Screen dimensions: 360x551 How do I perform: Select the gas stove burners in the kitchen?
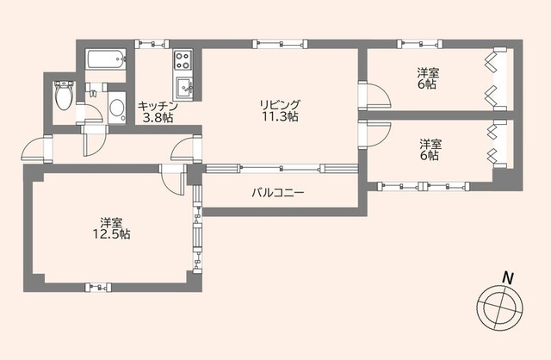(184, 60)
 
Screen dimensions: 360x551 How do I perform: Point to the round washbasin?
(117, 109)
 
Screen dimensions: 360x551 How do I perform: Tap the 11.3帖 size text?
(281, 117)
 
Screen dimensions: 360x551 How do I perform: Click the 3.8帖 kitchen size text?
(158, 119)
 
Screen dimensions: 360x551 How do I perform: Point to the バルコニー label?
(278, 192)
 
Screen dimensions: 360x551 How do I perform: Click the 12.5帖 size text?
(113, 233)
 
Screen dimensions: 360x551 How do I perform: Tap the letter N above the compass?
(509, 277)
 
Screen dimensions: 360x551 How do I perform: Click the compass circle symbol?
(498, 306)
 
